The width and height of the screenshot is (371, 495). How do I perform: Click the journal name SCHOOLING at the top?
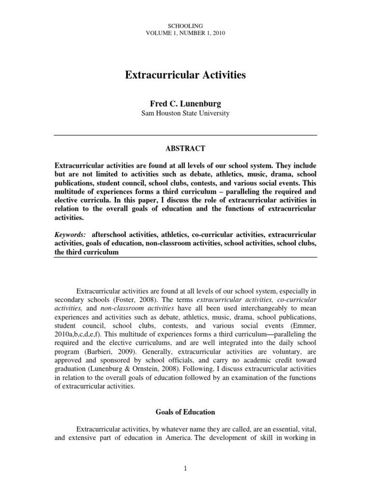(185, 25)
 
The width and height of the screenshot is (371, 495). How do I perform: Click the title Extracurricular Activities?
(185, 75)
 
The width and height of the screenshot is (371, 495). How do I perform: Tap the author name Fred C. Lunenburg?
(185, 104)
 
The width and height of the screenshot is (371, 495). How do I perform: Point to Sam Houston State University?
(185, 114)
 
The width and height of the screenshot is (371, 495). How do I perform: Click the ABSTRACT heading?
(185, 148)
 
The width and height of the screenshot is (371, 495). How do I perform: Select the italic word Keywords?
(70, 234)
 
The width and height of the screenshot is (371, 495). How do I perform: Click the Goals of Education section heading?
(185, 412)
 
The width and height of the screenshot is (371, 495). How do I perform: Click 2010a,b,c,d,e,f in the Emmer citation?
(79, 334)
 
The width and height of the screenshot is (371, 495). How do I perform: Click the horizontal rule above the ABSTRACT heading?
(185, 135)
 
